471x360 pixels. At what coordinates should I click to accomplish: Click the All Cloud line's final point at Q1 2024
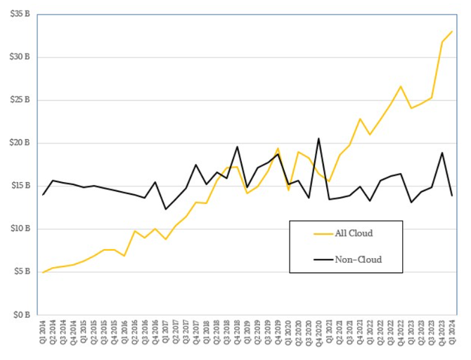point(452,31)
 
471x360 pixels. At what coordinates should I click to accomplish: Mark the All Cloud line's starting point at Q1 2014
point(43,272)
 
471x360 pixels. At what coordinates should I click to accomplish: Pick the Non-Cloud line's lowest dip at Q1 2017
point(166,209)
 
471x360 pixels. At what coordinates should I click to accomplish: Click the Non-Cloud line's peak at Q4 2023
point(442,153)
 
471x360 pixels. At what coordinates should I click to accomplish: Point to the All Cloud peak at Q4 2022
point(401,86)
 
